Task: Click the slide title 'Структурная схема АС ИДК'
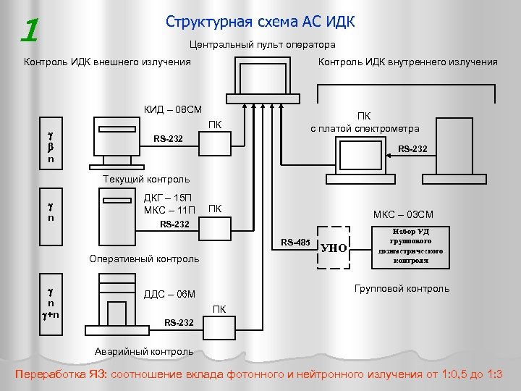[x=260, y=21]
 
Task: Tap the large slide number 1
[x=30, y=30]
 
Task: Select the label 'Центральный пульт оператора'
[x=262, y=45]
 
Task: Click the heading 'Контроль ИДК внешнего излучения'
[x=107, y=62]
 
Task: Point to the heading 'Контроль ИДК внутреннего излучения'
[x=408, y=62]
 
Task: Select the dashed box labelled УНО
[x=334, y=248]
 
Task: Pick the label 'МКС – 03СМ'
[x=403, y=214]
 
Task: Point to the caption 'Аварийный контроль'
[x=144, y=352]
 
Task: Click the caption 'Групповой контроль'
[x=402, y=288]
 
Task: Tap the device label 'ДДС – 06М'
[x=170, y=294]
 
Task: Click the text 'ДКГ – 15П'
[x=168, y=198]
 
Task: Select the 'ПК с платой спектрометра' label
[x=365, y=122]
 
